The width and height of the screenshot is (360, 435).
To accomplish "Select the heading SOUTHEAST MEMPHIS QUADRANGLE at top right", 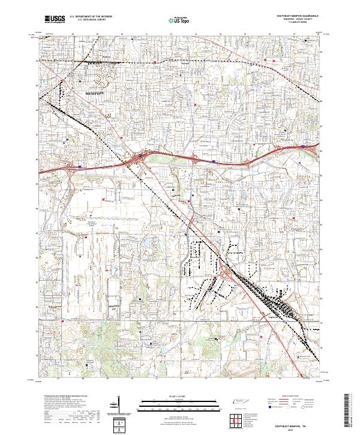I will (x=298, y=16).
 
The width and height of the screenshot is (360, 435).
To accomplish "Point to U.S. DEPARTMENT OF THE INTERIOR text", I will (x=91, y=16).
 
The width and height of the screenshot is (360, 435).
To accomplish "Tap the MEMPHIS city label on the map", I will (x=95, y=94).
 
